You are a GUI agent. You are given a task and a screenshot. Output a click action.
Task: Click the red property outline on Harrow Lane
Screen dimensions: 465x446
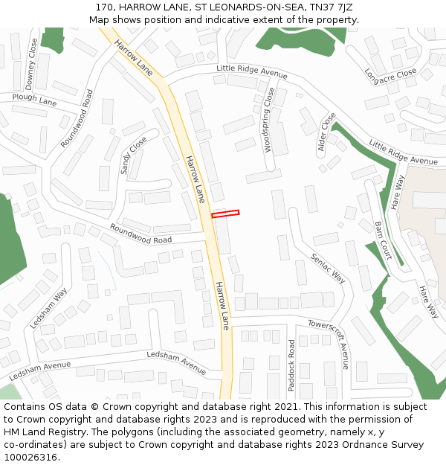pyautogui.click(x=225, y=214)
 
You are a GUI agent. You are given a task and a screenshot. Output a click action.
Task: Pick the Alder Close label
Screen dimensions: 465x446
pyautogui.click(x=326, y=132)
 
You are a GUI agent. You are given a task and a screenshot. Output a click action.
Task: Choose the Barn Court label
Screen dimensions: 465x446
pyautogui.click(x=383, y=240)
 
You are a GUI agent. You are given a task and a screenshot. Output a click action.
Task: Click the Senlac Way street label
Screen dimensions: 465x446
pyautogui.click(x=328, y=267)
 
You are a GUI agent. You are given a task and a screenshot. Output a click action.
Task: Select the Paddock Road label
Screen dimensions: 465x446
pyautogui.click(x=291, y=365)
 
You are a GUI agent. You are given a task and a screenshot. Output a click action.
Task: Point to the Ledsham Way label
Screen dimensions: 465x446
pyautogui.click(x=48, y=309)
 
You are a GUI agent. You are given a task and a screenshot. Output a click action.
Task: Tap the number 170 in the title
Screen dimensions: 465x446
pyautogui.click(x=104, y=7)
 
